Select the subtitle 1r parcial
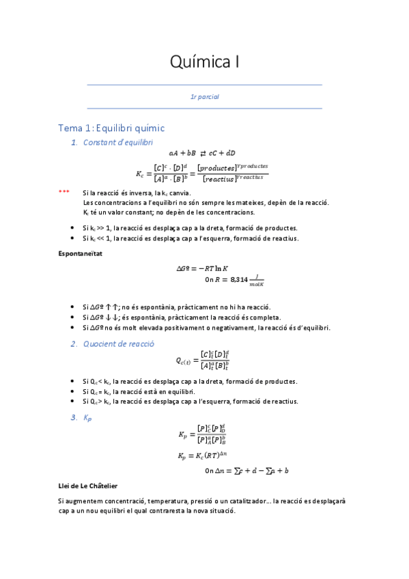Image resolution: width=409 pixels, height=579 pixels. [x=204, y=97]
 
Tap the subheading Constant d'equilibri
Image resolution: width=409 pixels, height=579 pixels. [x=118, y=142]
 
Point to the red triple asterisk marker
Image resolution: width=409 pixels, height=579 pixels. [x=64, y=193]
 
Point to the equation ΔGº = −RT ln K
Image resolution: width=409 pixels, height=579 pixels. [x=205, y=268]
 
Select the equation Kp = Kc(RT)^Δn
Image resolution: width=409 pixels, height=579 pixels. [x=206, y=455]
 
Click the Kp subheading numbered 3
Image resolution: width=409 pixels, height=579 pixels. [x=87, y=417]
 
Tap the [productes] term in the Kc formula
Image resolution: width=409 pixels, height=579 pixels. [x=216, y=168]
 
